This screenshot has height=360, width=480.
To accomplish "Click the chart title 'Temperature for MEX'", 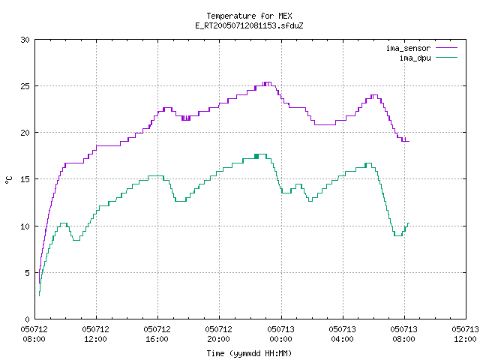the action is point(249,16).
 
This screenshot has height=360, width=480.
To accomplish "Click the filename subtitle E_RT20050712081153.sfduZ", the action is point(249,25).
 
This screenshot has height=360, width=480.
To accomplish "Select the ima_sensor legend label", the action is point(408,48).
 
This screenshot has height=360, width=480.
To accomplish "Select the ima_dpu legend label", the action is point(415,58).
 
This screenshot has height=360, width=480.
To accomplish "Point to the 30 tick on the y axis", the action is point(25,40).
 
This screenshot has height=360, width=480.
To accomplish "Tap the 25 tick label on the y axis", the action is point(25,86).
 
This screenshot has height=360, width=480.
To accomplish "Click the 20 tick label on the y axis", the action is point(25,133).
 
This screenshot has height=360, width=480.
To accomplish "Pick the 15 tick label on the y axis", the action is point(25,179).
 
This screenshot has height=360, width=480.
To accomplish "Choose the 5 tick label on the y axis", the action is point(27,273).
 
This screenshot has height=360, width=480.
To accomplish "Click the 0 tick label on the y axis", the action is point(27,319).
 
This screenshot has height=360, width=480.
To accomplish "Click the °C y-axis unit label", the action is point(8,180).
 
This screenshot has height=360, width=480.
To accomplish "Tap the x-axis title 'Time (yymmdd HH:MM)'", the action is point(249,353).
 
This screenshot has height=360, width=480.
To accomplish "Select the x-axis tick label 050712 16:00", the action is point(157,334).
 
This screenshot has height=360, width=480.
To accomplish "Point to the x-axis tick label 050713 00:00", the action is point(280,334).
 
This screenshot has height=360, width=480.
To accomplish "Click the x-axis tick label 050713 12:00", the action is point(465,334).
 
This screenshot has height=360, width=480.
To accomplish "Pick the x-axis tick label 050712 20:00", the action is point(218,334).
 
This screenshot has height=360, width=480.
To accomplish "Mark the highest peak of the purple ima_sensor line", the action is point(267,82).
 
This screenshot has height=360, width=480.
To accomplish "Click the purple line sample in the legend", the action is point(447,48).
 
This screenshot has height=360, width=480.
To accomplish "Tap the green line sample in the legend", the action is point(447,58).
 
